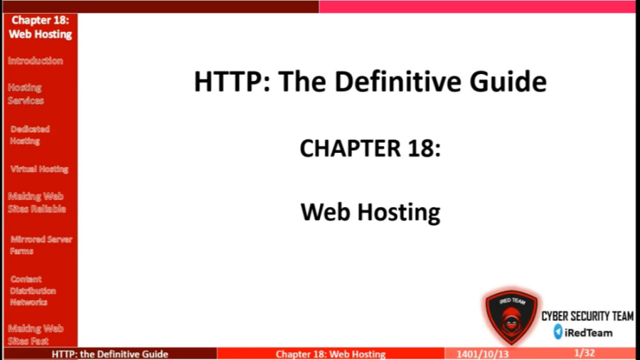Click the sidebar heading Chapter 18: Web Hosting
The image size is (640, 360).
pyautogui.click(x=40, y=27)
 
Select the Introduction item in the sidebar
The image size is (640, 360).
pyautogui.click(x=36, y=61)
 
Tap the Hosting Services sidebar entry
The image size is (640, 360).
pyautogui.click(x=26, y=94)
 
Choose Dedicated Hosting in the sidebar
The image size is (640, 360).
pyautogui.click(x=30, y=135)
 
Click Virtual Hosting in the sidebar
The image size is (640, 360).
pyautogui.click(x=39, y=169)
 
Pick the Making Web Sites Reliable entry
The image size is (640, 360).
pyautogui.click(x=37, y=203)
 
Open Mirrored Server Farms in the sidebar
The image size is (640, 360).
pyautogui.click(x=41, y=245)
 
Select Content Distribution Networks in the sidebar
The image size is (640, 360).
pyautogui.click(x=33, y=290)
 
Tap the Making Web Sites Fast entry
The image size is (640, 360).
pyautogui.click(x=36, y=334)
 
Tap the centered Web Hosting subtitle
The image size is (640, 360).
pyautogui.click(x=370, y=212)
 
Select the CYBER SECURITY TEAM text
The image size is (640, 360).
pyautogui.click(x=587, y=317)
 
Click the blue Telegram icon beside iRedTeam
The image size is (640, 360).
pyautogui.click(x=558, y=332)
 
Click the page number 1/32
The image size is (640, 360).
pyautogui.click(x=584, y=353)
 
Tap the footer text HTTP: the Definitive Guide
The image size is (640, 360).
pyautogui.click(x=110, y=354)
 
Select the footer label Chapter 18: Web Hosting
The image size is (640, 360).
pyautogui.click(x=331, y=354)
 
